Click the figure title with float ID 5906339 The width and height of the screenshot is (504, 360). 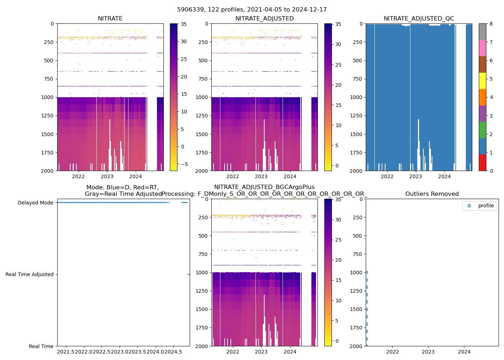pos(252,10)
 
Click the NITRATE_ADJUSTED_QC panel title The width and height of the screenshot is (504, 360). pos(419,19)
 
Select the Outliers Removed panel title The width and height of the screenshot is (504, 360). pos(432,194)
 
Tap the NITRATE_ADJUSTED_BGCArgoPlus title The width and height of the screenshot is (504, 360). pos(264,187)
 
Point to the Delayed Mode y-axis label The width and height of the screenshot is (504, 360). pos(36,203)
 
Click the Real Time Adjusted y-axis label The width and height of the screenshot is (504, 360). pos(30,274)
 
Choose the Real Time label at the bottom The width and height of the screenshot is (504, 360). pos(41,346)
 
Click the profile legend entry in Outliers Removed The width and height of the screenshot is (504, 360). pos(486,206)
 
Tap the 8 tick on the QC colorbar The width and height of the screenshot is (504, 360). pos(491,24)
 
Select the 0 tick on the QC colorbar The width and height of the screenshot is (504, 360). pos(491,171)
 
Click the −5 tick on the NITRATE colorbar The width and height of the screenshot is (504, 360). pos(184,164)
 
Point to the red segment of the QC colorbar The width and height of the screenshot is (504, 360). pos(482,162)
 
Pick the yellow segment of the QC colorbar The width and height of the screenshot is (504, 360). pos(482,81)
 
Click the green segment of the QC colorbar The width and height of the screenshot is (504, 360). pos(482,130)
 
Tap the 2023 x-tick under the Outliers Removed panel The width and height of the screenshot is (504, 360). pos(428,352)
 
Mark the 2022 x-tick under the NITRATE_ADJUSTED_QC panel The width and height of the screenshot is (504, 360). pos(387,176)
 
